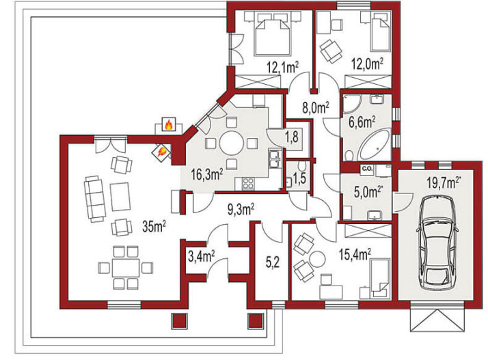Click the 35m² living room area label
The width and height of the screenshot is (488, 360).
point(154,226)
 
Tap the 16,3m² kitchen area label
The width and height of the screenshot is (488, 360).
point(207,174)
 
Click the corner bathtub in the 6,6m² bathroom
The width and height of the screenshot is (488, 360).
point(374,145)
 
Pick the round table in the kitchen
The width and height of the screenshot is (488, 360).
point(231,143)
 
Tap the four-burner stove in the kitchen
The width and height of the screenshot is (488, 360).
point(247,183)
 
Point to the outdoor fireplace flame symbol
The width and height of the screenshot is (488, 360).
point(168,124)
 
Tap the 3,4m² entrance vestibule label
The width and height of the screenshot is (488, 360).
point(202,257)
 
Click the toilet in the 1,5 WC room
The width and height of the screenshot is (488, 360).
point(301,165)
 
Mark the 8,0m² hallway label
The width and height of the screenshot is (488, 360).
point(316,108)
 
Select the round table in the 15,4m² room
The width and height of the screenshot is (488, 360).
point(317,259)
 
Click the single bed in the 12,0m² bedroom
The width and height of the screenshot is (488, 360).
point(380,35)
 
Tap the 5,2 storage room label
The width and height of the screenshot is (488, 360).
point(273,263)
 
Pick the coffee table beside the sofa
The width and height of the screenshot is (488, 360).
point(120,197)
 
